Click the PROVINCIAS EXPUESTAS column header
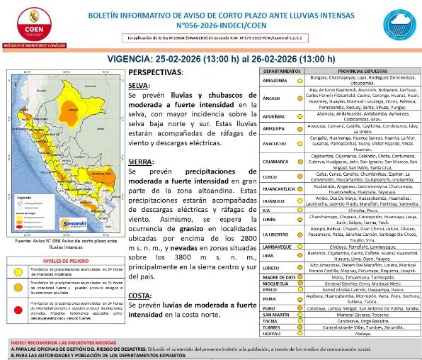click(355, 72)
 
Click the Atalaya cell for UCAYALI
click(355, 333)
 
